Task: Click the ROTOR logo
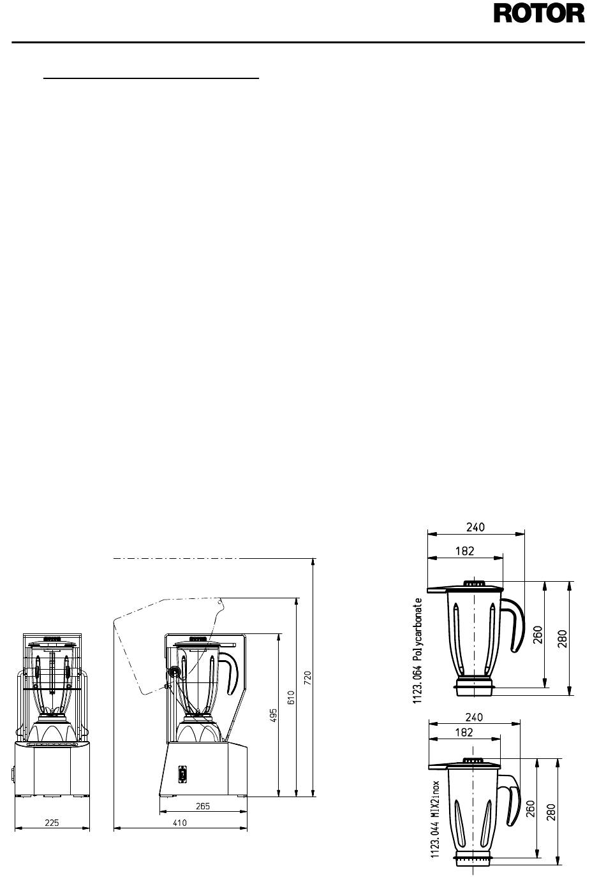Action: (x=539, y=13)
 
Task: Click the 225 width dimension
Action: (x=52, y=823)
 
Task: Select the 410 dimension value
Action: (x=179, y=823)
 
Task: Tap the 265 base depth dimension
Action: (x=203, y=806)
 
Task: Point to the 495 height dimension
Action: (x=274, y=716)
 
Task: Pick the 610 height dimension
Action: (x=291, y=697)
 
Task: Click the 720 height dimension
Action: (x=308, y=678)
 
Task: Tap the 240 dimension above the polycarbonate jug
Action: (x=475, y=527)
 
